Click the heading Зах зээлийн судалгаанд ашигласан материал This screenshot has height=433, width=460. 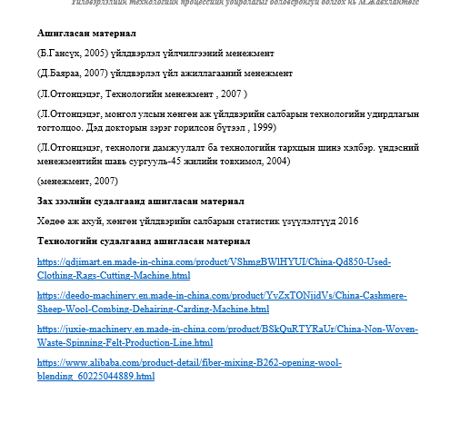point(142,201)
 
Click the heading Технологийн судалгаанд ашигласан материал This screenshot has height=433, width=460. point(144,241)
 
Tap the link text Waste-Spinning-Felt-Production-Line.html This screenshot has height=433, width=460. point(125,343)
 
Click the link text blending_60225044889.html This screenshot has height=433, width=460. point(95,376)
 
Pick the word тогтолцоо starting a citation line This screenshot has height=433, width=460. point(56,127)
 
